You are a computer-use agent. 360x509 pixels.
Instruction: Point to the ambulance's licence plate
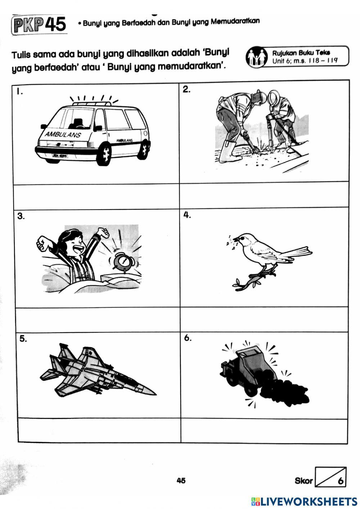(x=59, y=156)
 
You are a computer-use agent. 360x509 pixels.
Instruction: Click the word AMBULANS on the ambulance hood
(x=63, y=134)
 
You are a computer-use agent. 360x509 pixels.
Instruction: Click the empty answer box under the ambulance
(x=96, y=196)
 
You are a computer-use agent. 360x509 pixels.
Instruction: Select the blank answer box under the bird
(x=264, y=320)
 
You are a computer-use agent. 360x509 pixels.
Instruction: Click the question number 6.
(x=188, y=338)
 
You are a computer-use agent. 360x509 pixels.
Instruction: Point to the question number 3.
(x=21, y=216)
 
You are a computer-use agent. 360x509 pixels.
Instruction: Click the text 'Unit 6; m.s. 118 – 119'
(x=305, y=61)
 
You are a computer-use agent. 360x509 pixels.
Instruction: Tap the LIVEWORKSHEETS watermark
(x=304, y=501)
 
